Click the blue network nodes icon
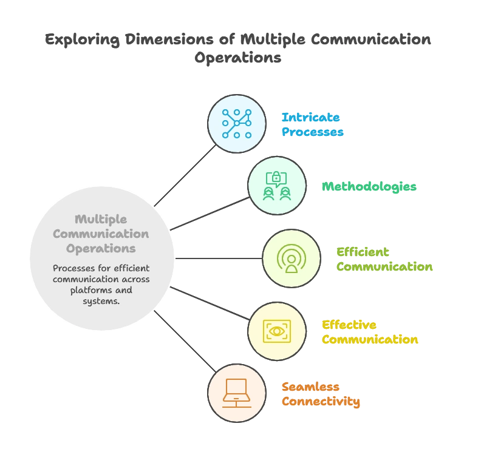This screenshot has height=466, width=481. pos(236,123)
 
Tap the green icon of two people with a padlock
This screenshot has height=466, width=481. pos(276,186)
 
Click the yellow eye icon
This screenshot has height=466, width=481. pos(276,331)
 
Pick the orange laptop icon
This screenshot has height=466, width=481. pos(236,393)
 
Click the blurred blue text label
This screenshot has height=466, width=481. pos(313,124)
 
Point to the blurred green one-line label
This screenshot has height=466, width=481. pos(369,187)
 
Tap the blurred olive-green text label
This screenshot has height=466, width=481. pos(384,259)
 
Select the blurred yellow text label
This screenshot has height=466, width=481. pos(370,333)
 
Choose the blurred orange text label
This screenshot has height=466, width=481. pos(321,394)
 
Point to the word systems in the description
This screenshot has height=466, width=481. pos(101,301)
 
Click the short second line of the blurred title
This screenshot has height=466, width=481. pos(237,59)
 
